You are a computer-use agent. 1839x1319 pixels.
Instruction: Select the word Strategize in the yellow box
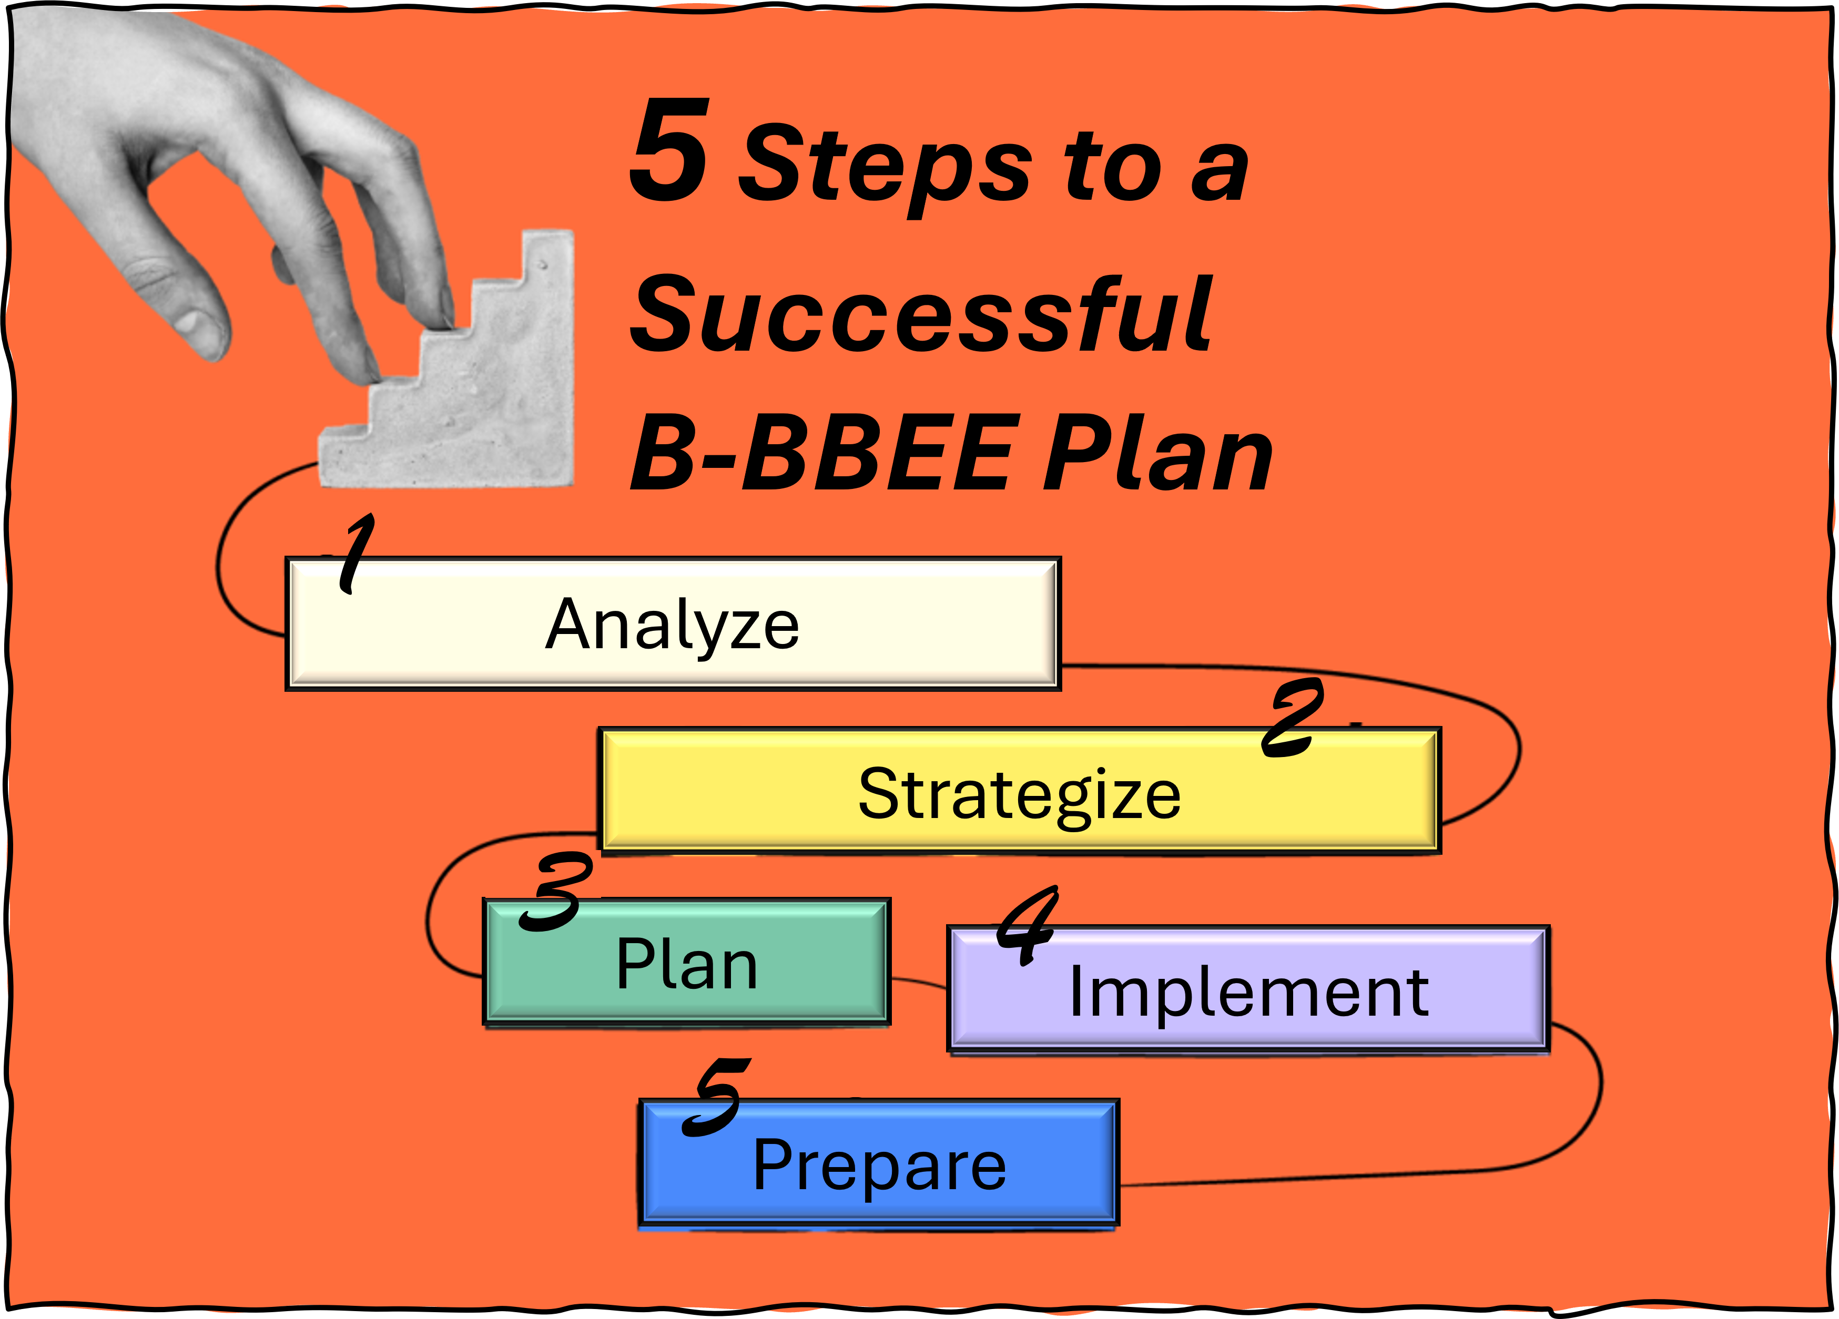(1019, 796)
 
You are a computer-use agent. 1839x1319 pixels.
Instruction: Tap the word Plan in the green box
(687, 964)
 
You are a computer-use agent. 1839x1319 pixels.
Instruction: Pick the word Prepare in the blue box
(880, 1168)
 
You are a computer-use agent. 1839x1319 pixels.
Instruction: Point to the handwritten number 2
(1293, 719)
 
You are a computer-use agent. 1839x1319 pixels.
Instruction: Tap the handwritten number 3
(556, 892)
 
